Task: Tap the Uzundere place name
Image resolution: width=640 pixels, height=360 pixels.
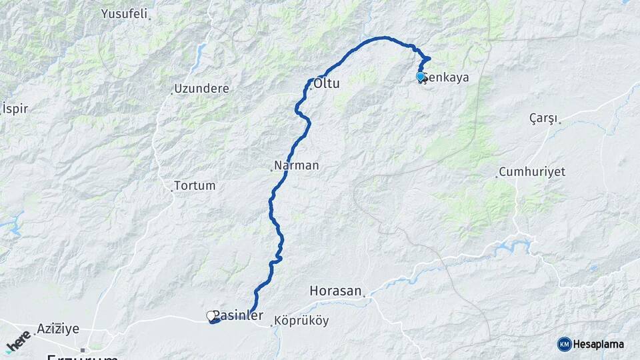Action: pos(201,89)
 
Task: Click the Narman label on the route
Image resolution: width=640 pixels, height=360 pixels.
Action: pos(297,165)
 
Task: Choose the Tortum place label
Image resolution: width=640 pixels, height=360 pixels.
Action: pos(195,186)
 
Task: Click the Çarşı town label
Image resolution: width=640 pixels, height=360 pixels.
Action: pos(543,118)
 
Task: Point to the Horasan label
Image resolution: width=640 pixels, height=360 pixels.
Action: pos(336,291)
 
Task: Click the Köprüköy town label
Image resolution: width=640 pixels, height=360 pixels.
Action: pos(302,321)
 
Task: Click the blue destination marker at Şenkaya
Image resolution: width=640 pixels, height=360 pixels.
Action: pos(420,77)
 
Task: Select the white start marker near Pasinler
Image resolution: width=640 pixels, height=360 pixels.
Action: pos(211,315)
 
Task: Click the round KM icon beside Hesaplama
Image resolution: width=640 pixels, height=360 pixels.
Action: pos(564,344)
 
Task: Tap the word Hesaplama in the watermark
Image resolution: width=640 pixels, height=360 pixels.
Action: pos(599,344)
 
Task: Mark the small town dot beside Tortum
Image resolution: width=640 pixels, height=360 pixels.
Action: pos(171,191)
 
